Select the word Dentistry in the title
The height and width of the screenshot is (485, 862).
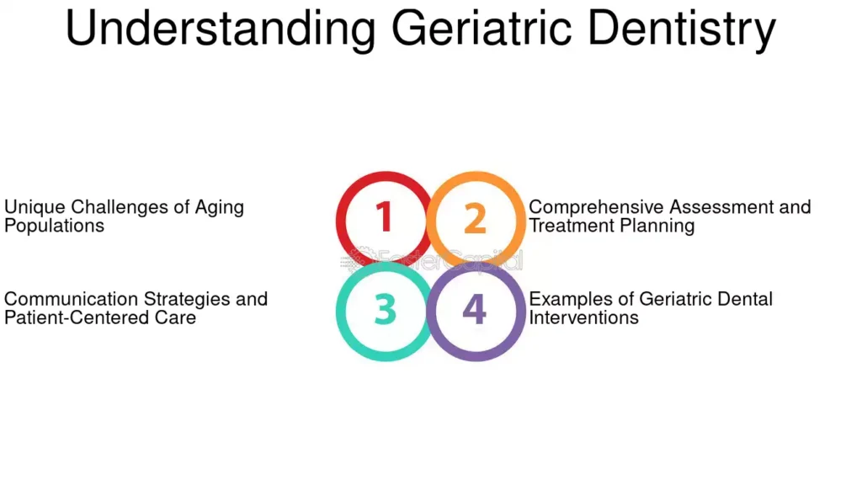682,29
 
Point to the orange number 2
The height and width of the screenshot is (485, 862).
475,218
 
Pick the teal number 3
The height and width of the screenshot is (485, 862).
385,309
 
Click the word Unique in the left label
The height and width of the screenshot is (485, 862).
35,208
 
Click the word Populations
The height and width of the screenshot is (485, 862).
54,226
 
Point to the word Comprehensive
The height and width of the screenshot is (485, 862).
597,208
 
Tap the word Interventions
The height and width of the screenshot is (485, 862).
584,317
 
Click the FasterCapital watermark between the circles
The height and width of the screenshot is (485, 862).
432,259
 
